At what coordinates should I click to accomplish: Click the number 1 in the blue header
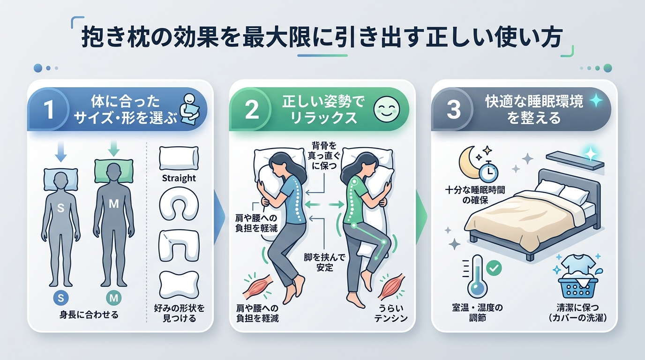pos(49,109)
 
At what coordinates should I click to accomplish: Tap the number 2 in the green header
pos(252,109)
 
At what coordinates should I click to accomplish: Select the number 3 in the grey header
pos(454,109)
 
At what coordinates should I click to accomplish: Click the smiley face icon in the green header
pos(387,109)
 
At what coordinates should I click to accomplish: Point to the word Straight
pos(179,178)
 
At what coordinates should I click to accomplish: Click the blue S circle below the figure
pos(61,298)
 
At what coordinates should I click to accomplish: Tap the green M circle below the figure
pos(113,298)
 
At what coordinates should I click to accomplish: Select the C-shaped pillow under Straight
pos(179,205)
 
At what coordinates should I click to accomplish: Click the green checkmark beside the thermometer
pos(494,268)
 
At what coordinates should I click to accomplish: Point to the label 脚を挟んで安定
pos(324,262)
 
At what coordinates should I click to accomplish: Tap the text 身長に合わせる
pos(89,315)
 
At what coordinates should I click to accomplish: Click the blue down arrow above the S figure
pos(61,151)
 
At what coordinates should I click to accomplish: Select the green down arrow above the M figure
pos(113,148)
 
